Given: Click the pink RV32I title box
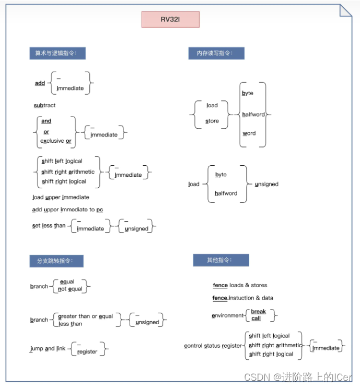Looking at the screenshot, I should click(x=170, y=20).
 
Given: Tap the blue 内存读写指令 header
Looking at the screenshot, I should click(x=216, y=53).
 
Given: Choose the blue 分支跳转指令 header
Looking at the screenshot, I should click(x=56, y=260).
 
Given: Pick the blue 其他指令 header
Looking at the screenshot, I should click(x=220, y=260).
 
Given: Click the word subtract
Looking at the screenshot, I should click(x=45, y=106).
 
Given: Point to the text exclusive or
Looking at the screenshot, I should click(x=56, y=141).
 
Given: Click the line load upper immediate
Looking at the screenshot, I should click(x=61, y=198).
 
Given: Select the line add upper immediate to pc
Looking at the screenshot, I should click(x=67, y=210).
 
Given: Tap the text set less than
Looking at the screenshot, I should click(x=49, y=226).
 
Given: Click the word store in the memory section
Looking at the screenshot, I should click(x=212, y=121).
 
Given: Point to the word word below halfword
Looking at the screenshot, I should click(x=249, y=133).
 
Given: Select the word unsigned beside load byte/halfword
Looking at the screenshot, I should click(x=266, y=184).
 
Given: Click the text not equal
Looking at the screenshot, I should click(x=70, y=289).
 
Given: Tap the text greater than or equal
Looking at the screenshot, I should click(x=85, y=316).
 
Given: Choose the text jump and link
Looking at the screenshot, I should click(x=48, y=349).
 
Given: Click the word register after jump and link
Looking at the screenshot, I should click(x=87, y=352).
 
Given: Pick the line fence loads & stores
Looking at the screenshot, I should click(x=240, y=286).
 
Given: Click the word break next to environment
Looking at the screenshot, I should click(x=259, y=312).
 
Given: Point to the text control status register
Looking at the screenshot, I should click(x=213, y=346).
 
